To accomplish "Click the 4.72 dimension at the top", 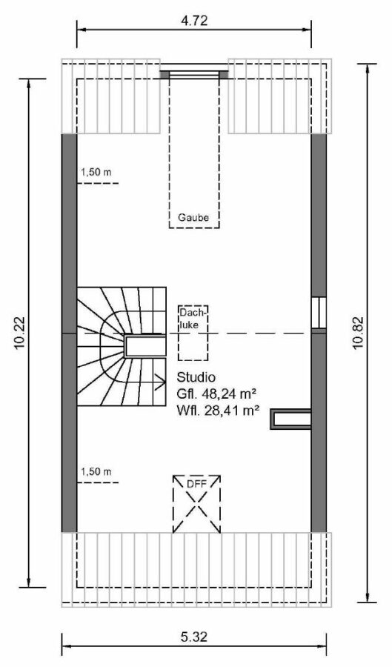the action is pos(194,20).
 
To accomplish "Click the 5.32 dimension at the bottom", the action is pos(194,637).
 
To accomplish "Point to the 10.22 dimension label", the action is pos(20,333).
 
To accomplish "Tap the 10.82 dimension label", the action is pos(358,333).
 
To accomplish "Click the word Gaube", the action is pos(193,218).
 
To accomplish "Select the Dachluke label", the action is pos(193,318).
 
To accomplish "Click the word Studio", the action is pos(196,377).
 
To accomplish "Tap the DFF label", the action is pos(196,484).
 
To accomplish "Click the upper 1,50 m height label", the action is pos(96,172).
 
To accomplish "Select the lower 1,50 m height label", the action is pos(96,471).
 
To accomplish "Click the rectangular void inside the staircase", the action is pos(145,346).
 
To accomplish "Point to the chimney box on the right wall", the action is pos(291,419).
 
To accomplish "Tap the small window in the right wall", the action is pos(319,312).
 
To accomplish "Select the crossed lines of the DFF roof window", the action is pos(196,504).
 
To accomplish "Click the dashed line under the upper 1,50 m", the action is pos(98,183).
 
